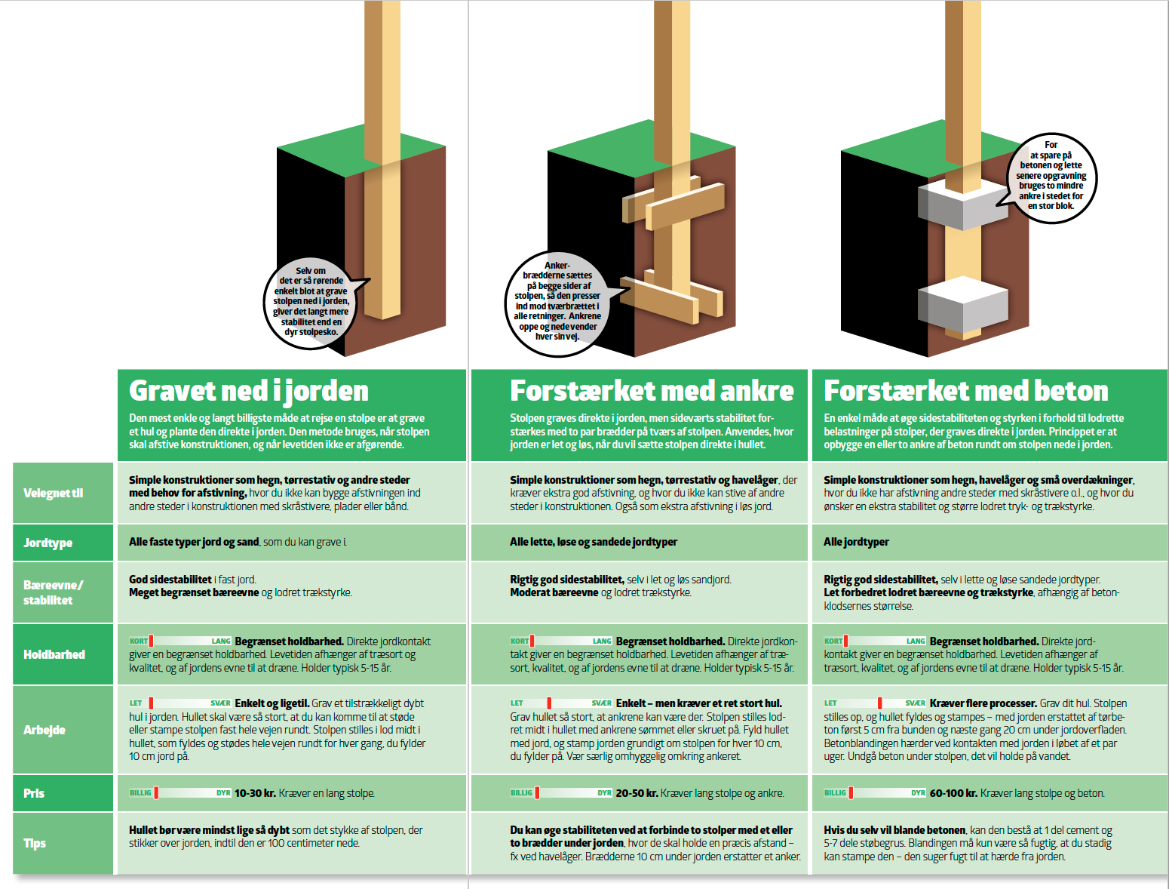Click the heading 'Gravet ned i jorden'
[x=248, y=391]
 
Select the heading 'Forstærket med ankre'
[x=652, y=391]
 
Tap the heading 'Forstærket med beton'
[x=965, y=391]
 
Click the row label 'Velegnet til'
[x=54, y=493]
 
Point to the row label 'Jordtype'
[x=48, y=543]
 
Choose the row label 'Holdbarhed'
[x=54, y=654]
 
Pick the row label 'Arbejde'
[x=44, y=730]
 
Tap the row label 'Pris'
[x=34, y=793]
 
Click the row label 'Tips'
[x=35, y=843]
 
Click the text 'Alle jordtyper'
[x=856, y=542]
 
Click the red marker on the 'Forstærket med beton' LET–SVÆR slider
[x=879, y=703]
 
